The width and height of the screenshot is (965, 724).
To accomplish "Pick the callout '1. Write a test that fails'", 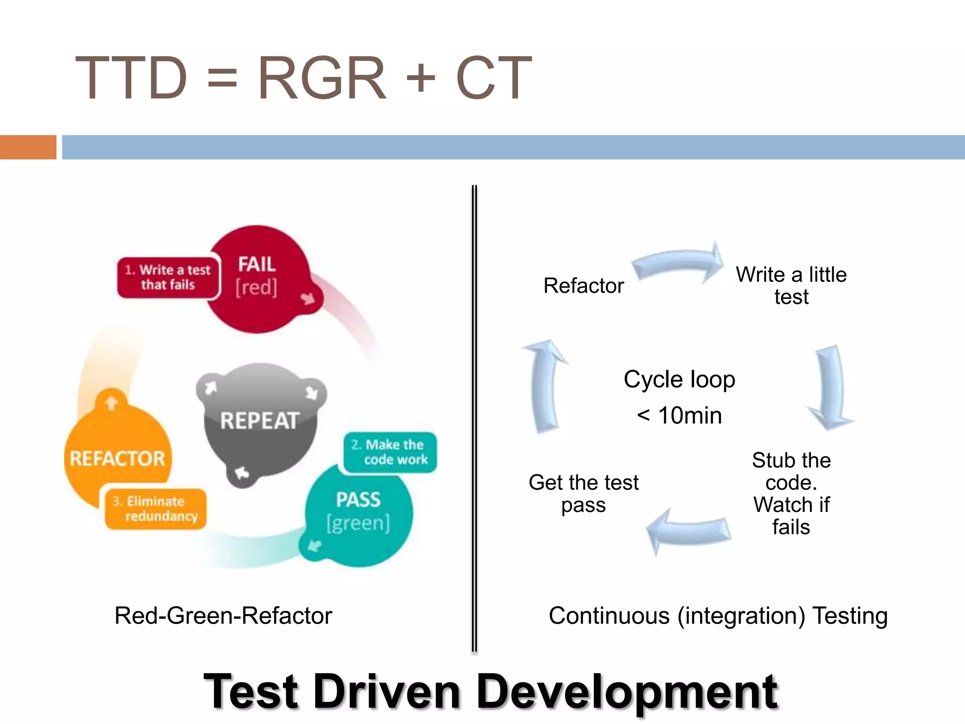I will [168, 277].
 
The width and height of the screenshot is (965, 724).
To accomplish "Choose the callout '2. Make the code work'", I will [390, 452].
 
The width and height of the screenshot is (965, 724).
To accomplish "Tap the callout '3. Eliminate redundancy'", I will [155, 509].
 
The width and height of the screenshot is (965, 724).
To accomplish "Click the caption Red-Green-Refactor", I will [223, 616].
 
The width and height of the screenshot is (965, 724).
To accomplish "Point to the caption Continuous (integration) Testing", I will [718, 616].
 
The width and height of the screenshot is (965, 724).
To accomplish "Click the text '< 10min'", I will [679, 416].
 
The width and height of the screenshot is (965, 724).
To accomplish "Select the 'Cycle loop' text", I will [679, 379].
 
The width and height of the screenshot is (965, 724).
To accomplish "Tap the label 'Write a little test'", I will [791, 286].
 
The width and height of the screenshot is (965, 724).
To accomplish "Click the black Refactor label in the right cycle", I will [583, 286].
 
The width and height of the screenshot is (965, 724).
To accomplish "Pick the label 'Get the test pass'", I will [583, 494].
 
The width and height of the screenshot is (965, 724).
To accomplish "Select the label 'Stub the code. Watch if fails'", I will [791, 494].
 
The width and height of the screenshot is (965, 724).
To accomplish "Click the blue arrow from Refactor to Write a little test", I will [679, 264].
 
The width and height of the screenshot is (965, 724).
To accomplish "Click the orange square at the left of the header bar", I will [28, 147].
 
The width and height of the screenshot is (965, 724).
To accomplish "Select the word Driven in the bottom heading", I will [386, 692].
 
